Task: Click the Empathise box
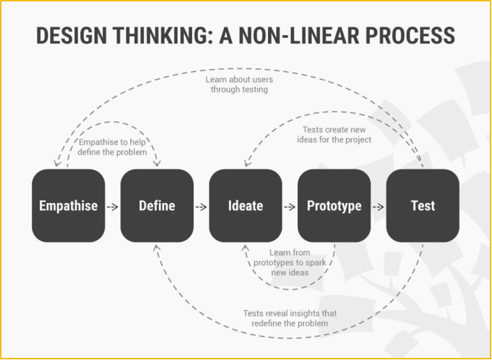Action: pyautogui.click(x=68, y=206)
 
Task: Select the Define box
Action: pyautogui.click(x=157, y=206)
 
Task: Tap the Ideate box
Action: pyautogui.click(x=246, y=206)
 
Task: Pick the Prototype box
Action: pyautogui.click(x=334, y=206)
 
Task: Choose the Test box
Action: pyautogui.click(x=423, y=206)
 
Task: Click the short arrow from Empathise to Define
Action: pyautogui.click(x=112, y=207)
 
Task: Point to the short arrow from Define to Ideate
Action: pyautogui.click(x=201, y=207)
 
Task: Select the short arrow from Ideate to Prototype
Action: pyautogui.click(x=290, y=207)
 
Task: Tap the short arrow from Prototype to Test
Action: pyautogui.click(x=378, y=207)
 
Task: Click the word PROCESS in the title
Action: pyautogui.click(x=410, y=35)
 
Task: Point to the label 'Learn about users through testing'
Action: pyautogui.click(x=239, y=84)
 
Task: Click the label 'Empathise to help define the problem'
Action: pyautogui.click(x=112, y=147)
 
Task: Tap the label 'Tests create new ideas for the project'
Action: pyautogui.click(x=334, y=135)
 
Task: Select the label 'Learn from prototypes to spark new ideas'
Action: pyautogui.click(x=290, y=262)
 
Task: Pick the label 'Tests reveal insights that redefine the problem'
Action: pyautogui.click(x=290, y=318)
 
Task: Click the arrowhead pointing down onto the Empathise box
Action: pyautogui.click(x=57, y=163)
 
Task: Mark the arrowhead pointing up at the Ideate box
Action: pyautogui.click(x=246, y=248)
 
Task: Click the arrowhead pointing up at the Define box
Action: pyautogui.click(x=157, y=248)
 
